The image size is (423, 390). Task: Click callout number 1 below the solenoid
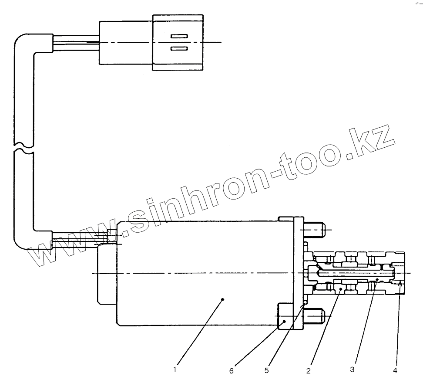point(175,370)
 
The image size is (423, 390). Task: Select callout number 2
point(308,371)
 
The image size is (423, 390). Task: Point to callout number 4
point(396,371)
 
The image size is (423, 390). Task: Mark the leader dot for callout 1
point(223,299)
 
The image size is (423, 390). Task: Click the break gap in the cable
point(23,147)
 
